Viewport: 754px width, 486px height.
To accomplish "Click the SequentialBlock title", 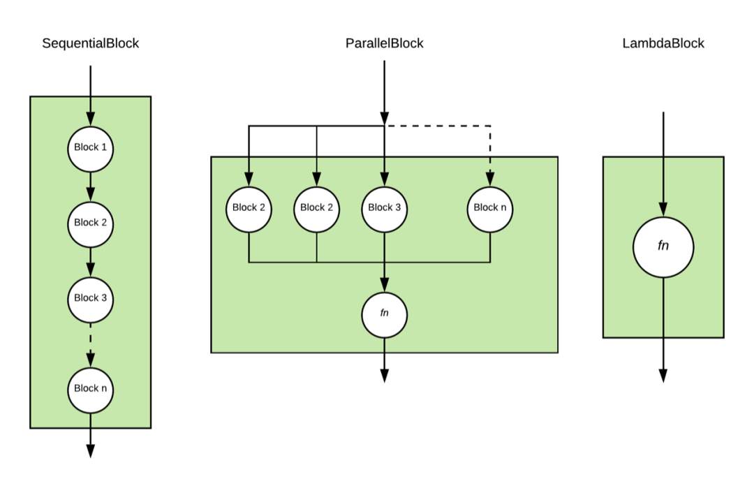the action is pyautogui.click(x=90, y=43).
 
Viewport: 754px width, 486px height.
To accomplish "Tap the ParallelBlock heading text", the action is pyautogui.click(x=384, y=43).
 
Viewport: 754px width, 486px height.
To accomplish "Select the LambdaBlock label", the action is pyautogui.click(x=663, y=43).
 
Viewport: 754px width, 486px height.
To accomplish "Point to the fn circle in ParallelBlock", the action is pyautogui.click(x=384, y=315).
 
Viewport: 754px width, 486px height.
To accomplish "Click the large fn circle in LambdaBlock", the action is pyautogui.click(x=663, y=247).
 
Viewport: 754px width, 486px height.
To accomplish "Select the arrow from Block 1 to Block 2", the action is pyautogui.click(x=90, y=186).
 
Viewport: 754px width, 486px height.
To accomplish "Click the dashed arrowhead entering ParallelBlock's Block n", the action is pyautogui.click(x=490, y=179).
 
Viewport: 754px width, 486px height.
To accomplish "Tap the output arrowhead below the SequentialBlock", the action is pyautogui.click(x=90, y=451).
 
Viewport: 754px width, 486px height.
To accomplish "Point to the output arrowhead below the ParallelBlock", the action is pyautogui.click(x=384, y=376).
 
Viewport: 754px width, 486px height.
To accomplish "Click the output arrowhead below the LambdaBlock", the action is pyautogui.click(x=663, y=376).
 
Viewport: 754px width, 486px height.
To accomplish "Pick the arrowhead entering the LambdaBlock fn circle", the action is pyautogui.click(x=663, y=209).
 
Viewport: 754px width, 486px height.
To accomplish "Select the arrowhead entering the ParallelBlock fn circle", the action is pyautogui.click(x=384, y=285).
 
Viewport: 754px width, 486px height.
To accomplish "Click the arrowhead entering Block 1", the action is pyautogui.click(x=90, y=119).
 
